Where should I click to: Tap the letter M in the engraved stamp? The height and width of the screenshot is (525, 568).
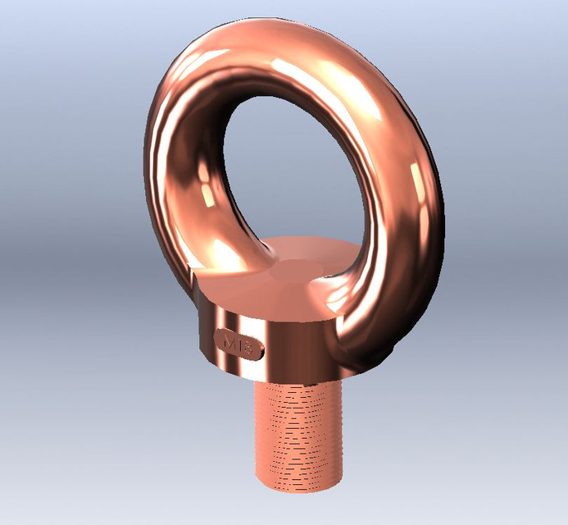click(x=229, y=341)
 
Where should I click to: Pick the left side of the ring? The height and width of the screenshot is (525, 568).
click(x=164, y=164)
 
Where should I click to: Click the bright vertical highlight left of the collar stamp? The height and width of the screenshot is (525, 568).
click(x=206, y=336)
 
